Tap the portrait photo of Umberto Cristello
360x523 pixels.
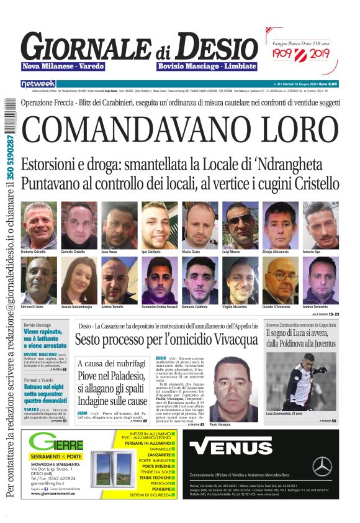38,224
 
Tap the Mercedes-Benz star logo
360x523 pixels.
322,466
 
